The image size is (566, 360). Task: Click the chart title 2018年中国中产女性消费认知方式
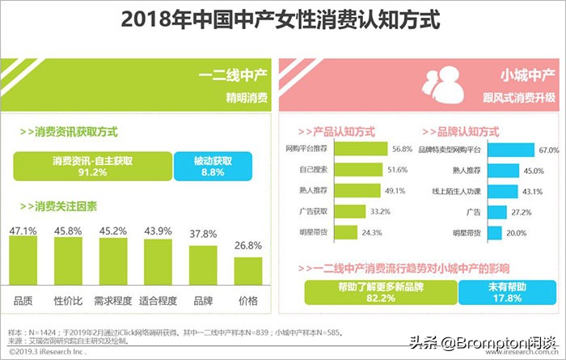(x=282, y=20)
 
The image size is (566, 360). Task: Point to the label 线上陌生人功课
(x=457, y=192)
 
